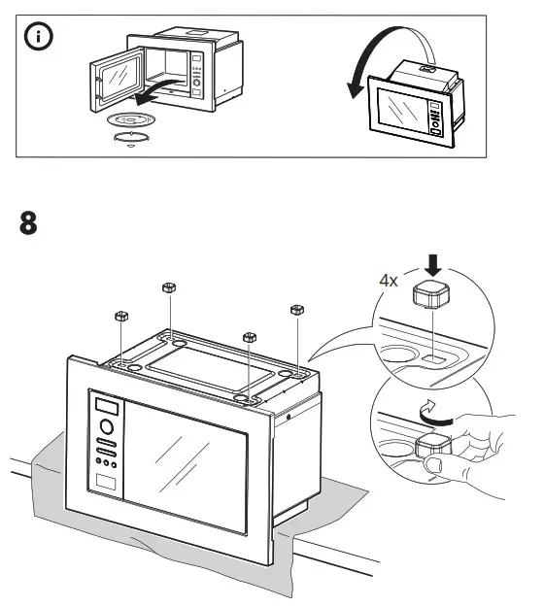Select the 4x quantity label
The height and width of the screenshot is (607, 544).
(x=389, y=280)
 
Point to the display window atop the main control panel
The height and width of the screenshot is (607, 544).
(x=104, y=402)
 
